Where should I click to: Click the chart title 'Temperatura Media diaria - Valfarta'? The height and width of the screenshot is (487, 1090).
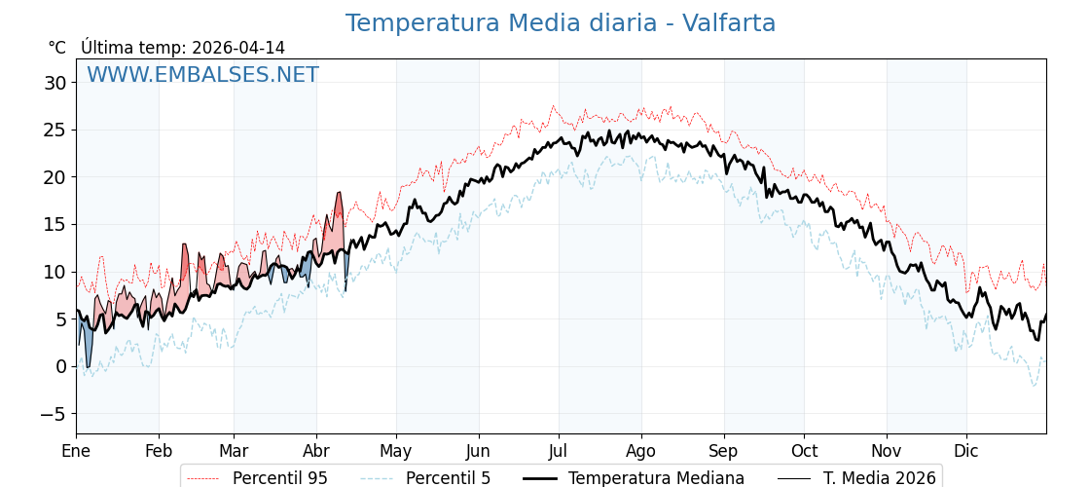561,23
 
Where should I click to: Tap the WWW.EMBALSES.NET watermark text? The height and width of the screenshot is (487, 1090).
202,75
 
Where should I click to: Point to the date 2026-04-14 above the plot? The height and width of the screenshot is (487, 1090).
238,48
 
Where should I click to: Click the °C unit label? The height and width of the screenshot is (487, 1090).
56,48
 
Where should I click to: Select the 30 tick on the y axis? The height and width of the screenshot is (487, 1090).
55,83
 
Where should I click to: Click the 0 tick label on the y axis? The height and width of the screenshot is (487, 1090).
61,366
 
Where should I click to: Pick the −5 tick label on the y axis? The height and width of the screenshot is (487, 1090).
54,414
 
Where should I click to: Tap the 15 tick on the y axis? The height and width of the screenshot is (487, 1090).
55,224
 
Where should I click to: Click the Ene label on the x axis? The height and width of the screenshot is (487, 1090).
76,451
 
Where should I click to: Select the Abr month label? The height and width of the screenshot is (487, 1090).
315,451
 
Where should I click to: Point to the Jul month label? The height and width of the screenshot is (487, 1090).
559,451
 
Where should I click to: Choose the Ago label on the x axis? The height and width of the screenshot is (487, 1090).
640,451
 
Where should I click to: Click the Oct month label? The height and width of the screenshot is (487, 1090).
804,451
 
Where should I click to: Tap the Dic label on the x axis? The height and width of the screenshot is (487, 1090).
966,451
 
